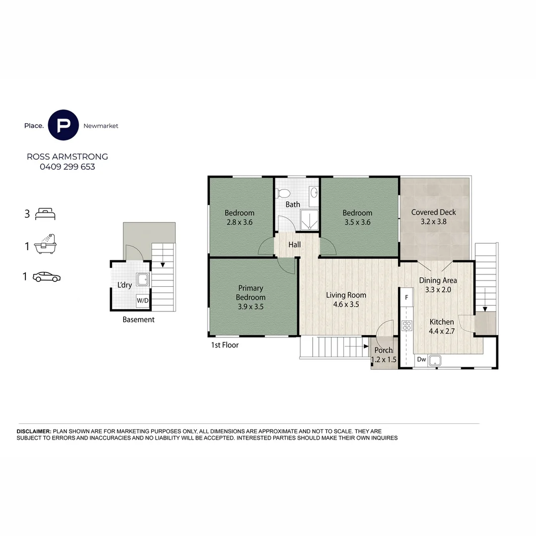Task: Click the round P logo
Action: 63,126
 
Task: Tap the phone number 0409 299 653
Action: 67,167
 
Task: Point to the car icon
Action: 47,277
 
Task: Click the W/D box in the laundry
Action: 142,301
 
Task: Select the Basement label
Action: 138,320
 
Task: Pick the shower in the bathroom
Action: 309,222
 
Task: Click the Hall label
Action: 295,245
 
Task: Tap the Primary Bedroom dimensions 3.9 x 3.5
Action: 251,307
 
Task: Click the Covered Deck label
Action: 433,212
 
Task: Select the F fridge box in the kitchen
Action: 406,298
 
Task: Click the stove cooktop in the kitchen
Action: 407,326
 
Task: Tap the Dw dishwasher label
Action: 421,359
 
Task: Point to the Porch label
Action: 384,350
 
